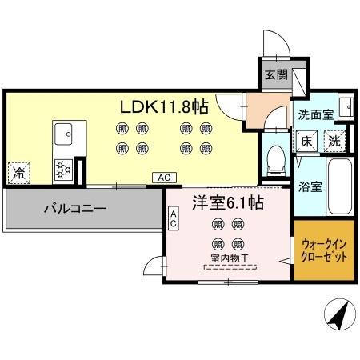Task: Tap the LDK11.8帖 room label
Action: [164, 106]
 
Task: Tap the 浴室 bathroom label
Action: [310, 188]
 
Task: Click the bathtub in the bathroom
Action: [341, 186]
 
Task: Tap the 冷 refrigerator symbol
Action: [18, 171]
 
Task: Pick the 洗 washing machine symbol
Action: [336, 141]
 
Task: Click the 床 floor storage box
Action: [306, 142]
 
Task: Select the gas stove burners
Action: [63, 169]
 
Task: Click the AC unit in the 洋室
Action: [173, 218]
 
